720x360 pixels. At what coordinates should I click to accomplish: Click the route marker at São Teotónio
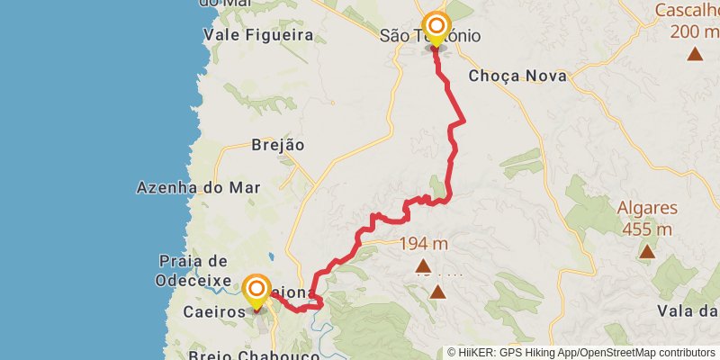436,28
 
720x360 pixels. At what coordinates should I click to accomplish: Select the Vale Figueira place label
258,35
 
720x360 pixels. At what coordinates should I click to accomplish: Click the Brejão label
278,144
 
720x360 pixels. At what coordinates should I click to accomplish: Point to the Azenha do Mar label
198,188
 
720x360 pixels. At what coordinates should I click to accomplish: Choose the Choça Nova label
517,76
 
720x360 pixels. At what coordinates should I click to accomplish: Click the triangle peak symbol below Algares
647,252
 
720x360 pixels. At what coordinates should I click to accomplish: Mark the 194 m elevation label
423,243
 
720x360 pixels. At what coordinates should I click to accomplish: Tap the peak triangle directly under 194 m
423,266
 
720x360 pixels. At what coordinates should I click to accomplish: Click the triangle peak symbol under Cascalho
695,54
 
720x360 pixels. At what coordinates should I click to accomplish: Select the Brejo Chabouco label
255,355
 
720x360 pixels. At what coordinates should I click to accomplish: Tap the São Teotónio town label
429,37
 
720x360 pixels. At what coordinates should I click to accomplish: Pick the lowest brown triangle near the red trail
437,292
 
